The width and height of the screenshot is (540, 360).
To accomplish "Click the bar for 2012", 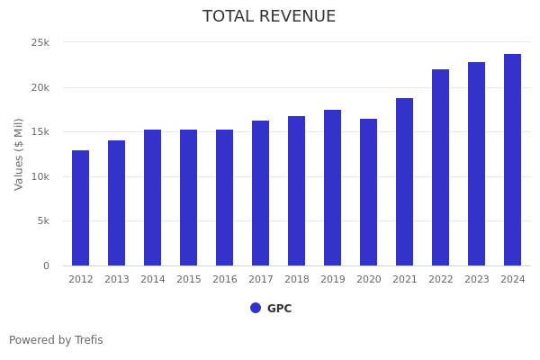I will pyautogui.click(x=81, y=208).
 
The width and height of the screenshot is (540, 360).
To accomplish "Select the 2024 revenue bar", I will pyautogui.click(x=512, y=160).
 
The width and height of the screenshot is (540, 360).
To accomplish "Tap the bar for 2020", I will pyautogui.click(x=368, y=193).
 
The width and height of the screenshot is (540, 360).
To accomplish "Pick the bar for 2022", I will pyautogui.click(x=440, y=167).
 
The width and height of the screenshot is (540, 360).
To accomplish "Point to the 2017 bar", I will pyautogui.click(x=260, y=193).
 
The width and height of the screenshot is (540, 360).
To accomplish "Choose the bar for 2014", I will pyautogui.click(x=153, y=198).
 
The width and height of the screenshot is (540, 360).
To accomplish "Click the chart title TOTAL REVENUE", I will pyautogui.click(x=269, y=17).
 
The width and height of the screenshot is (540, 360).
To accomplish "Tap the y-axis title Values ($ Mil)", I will pyautogui.click(x=19, y=154).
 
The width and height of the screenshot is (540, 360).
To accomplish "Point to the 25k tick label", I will pyautogui.click(x=40, y=42).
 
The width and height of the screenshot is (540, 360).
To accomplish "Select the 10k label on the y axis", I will pyautogui.click(x=40, y=176).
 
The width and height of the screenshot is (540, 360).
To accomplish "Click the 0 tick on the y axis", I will pyautogui.click(x=46, y=265).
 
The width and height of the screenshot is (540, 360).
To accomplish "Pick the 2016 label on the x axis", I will pyautogui.click(x=225, y=280).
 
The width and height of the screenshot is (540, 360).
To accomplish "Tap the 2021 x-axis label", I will pyautogui.click(x=404, y=280).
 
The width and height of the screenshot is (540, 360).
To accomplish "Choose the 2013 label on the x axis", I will pyautogui.click(x=117, y=280).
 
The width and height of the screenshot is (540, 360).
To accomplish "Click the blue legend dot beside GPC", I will pyautogui.click(x=256, y=308).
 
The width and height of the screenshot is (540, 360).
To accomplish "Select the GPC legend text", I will pyautogui.click(x=279, y=309).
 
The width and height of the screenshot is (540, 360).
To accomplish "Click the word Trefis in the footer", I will pyautogui.click(x=88, y=340).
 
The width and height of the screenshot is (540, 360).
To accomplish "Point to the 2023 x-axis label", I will pyautogui.click(x=476, y=280).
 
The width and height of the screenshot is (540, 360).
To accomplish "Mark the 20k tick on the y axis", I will pyautogui.click(x=40, y=87).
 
